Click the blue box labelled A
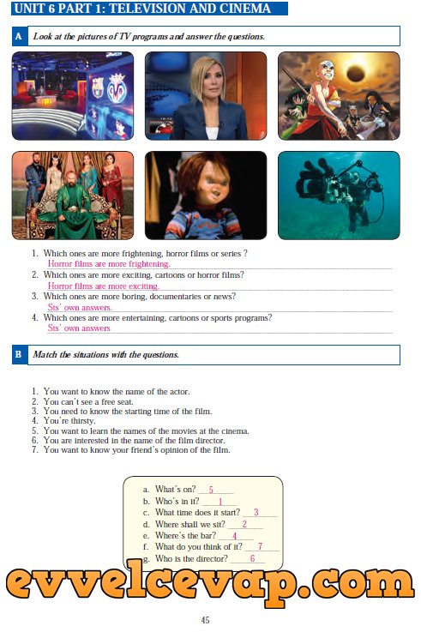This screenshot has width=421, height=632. click(x=19, y=36)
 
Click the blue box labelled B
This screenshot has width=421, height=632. click(x=19, y=355)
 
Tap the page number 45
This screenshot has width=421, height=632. click(x=205, y=620)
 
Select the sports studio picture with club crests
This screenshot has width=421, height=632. click(x=73, y=96)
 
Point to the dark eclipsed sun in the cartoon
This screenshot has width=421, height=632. click(x=356, y=74)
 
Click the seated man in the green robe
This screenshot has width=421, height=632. click(x=75, y=205)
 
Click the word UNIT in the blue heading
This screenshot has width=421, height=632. click(x=29, y=9)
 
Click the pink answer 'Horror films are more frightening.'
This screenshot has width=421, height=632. click(x=109, y=264)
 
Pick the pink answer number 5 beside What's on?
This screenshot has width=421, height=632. click(x=211, y=491)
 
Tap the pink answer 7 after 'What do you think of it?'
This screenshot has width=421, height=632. click(x=261, y=546)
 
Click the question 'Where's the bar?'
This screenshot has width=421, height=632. click(x=186, y=536)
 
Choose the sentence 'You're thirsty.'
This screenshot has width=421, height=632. click(x=69, y=421)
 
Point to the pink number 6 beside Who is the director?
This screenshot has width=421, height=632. click(x=253, y=558)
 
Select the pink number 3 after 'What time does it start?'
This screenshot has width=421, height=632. click(x=256, y=512)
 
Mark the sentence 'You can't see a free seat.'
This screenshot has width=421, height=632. click(x=88, y=402)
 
